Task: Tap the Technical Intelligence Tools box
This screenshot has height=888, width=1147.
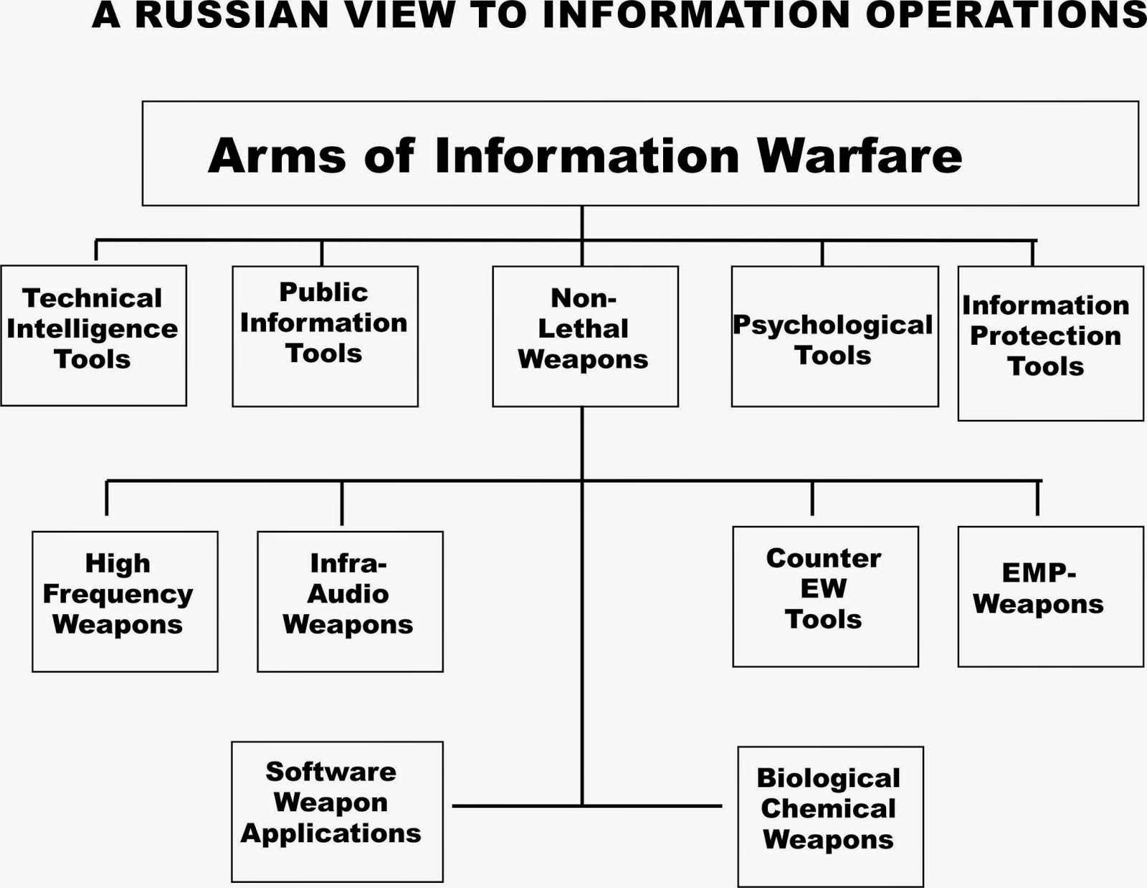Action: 93,335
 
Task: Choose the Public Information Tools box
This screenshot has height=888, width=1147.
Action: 325,336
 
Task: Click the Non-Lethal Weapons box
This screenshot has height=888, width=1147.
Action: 584,336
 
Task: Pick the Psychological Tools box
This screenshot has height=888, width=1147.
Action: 834,336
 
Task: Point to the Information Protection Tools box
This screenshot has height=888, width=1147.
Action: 1050,343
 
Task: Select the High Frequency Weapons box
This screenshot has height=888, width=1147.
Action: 125,601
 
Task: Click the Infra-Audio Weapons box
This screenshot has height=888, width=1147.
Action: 350,601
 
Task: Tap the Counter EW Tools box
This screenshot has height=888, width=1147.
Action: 825,596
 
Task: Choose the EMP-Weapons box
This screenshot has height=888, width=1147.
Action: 1050,596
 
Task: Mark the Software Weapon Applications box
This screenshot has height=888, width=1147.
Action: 337,811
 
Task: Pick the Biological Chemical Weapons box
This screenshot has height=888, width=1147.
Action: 830,816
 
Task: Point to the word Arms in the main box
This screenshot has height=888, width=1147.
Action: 277,156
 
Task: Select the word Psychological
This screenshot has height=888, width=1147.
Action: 832,325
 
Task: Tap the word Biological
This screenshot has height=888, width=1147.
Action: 828,778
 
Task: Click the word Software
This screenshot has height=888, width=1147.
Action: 330,771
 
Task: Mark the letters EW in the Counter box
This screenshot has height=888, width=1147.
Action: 824,588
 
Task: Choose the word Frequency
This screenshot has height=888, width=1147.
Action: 118,593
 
